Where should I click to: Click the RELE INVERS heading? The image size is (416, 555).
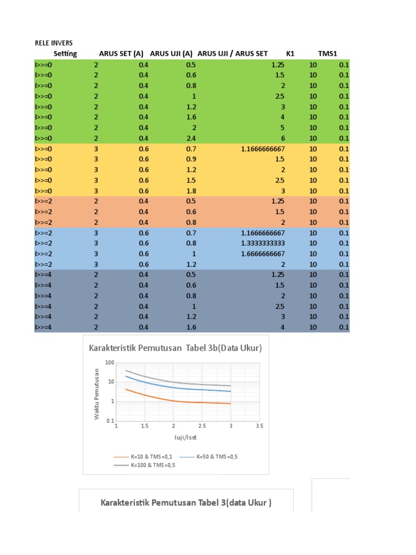tap(54, 43)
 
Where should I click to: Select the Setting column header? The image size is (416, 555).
tap(65, 54)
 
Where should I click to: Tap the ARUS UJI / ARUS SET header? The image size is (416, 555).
tap(232, 54)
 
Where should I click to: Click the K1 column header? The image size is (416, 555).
tap(290, 54)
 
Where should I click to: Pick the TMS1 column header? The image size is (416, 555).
tap(328, 54)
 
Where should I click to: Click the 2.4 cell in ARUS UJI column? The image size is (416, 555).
tap(190, 138)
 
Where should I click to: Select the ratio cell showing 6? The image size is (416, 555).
tap(282, 138)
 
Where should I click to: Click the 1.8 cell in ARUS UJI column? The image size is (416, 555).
tap(190, 191)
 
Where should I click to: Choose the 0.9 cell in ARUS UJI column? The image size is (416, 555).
tap(190, 159)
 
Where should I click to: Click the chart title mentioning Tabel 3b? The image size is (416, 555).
tap(175, 348)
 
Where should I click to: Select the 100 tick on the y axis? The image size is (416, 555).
tap(110, 363)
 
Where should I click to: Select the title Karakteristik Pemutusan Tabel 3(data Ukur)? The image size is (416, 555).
tap(186, 503)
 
